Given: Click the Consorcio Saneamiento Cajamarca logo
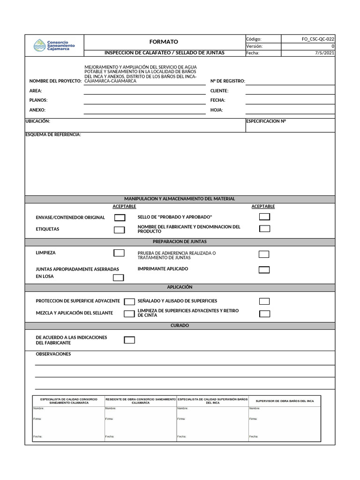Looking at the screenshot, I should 54,45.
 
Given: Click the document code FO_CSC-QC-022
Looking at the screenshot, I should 318,39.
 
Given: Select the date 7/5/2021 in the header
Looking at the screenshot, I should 324,53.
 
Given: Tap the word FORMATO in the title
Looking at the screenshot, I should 164,42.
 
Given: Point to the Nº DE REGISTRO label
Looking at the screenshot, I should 228,81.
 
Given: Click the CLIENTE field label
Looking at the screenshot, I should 219,90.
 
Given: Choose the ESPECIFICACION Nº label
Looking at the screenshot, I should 266,121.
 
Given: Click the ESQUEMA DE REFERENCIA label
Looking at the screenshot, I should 53,135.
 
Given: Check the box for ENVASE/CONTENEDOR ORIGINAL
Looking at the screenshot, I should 120,217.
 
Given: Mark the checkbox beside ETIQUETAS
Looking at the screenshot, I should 120,230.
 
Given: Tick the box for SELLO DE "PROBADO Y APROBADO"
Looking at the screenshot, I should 265,217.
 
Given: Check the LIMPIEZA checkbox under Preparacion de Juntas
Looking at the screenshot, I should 119,253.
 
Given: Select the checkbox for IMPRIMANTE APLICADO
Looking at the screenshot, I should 264,270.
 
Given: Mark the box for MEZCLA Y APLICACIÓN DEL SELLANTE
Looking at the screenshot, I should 129,314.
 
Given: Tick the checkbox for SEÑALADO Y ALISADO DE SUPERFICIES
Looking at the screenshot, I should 264,301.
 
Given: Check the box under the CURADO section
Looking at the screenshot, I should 129,340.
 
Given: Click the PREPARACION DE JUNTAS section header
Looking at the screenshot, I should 180,242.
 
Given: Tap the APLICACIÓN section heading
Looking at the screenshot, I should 180,287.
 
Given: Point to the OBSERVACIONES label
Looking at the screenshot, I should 53,354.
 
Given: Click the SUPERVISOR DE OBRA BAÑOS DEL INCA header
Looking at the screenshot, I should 285,401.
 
